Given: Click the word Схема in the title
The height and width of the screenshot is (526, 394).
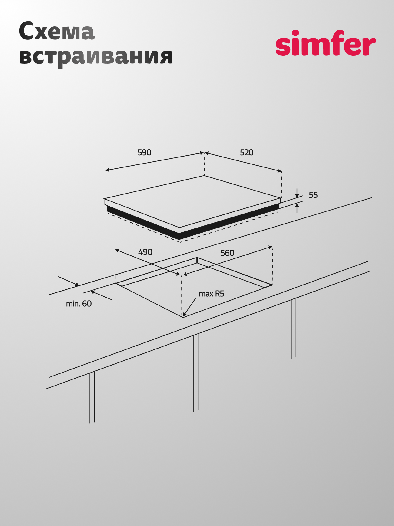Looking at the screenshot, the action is (x=57, y=31).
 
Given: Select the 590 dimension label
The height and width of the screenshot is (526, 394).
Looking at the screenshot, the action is (x=144, y=153).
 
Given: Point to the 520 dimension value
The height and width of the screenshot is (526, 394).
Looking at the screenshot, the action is (x=247, y=153).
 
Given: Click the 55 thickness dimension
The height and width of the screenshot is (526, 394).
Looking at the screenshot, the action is (x=313, y=195).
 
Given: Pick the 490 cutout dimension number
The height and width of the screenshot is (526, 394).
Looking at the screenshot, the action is (x=145, y=252).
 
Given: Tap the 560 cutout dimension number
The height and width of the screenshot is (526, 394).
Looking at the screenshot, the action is (x=227, y=253).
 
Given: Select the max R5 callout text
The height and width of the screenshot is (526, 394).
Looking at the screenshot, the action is (x=212, y=294).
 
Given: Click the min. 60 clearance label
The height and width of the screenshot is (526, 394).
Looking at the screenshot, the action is (x=79, y=304).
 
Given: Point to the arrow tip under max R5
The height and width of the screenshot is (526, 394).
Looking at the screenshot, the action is (x=183, y=317).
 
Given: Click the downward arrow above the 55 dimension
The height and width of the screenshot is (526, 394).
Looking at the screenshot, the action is (x=297, y=193).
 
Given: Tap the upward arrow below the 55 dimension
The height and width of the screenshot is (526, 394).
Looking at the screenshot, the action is (x=297, y=208).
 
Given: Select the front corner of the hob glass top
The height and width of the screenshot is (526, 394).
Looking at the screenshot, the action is (x=179, y=228).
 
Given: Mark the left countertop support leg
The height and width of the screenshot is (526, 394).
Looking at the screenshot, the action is (x=92, y=397).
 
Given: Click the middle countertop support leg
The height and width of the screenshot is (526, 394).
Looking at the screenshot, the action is (x=196, y=373).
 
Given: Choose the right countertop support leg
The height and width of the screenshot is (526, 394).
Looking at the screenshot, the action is (x=294, y=328).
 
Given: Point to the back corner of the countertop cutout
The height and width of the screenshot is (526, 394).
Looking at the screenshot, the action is (x=197, y=258).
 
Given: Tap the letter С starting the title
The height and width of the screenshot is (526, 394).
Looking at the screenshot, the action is (x=26, y=31).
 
